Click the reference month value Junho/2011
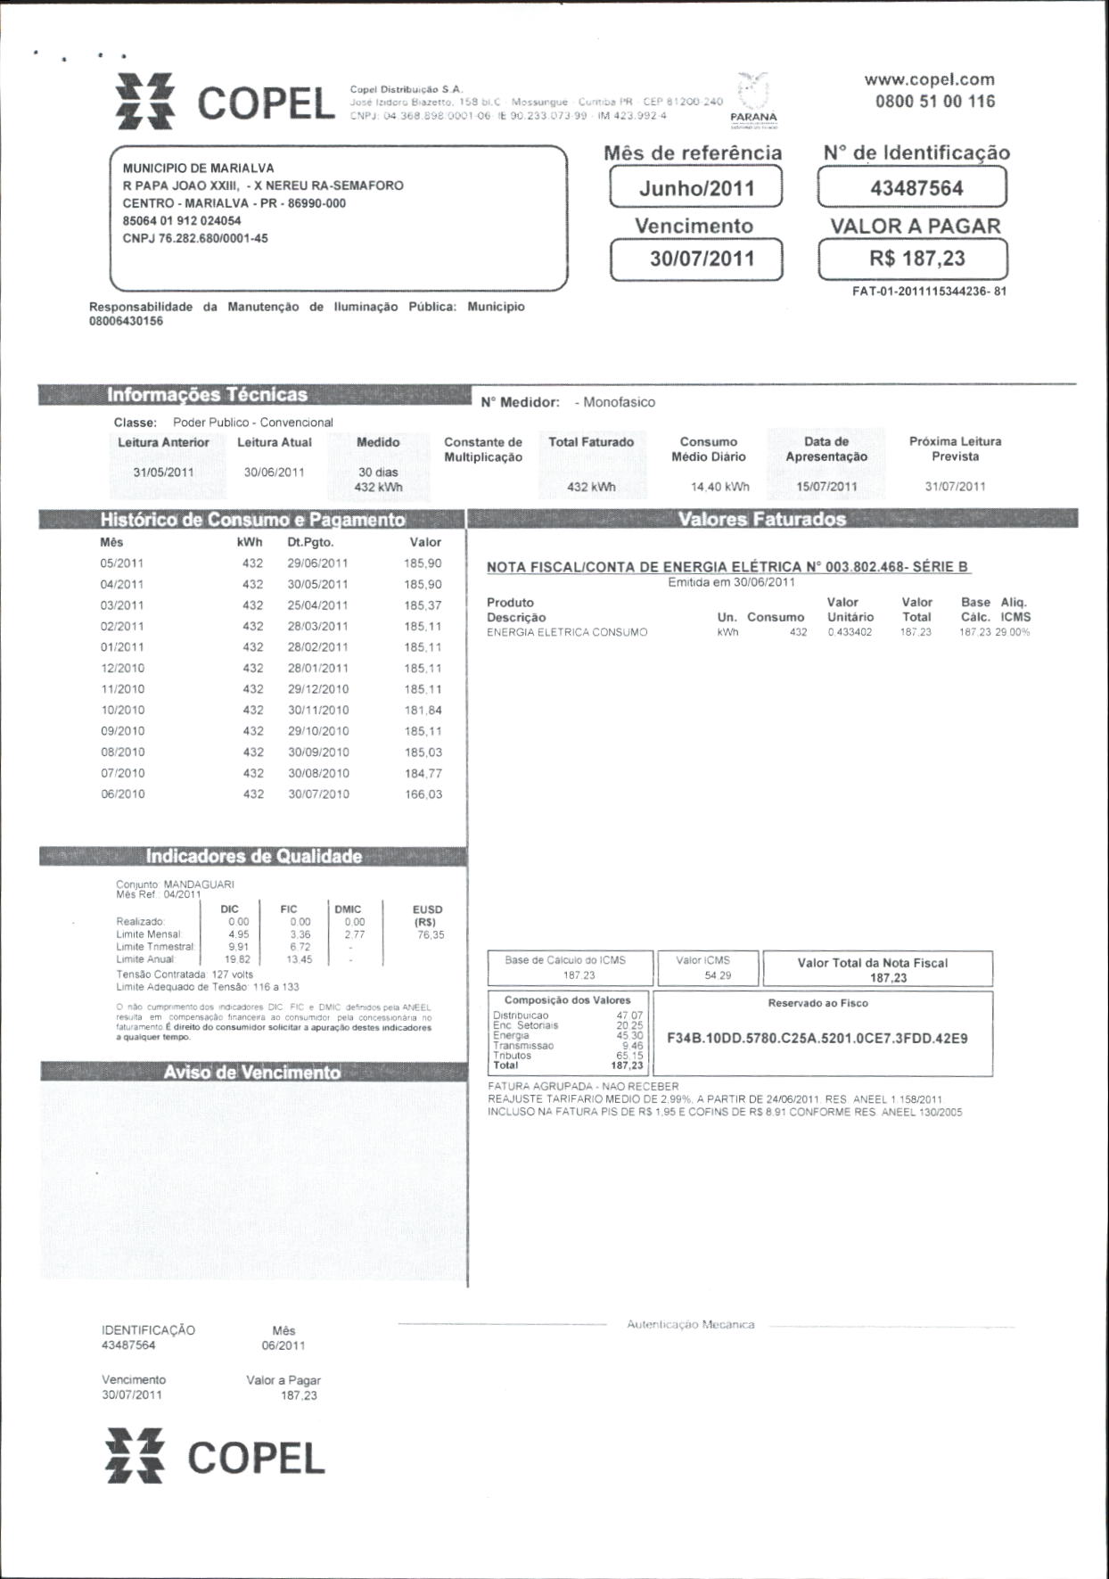coord(696,188)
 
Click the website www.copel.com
coord(929,79)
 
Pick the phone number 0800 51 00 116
coord(934,101)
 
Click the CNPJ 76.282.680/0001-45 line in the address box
coord(195,238)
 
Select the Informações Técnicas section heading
coord(207,395)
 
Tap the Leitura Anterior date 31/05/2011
coord(163,473)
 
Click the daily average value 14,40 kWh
coord(719,487)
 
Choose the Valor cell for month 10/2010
coord(423,711)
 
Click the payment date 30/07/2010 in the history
coord(318,794)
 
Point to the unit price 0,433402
coord(850,632)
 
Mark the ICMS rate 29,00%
coord(1015,632)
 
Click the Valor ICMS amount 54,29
coord(717,975)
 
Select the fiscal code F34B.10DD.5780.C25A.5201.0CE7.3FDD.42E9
coord(817,1039)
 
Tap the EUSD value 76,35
coord(430,935)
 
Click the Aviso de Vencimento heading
coord(251,1073)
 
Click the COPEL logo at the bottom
coord(215,1459)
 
